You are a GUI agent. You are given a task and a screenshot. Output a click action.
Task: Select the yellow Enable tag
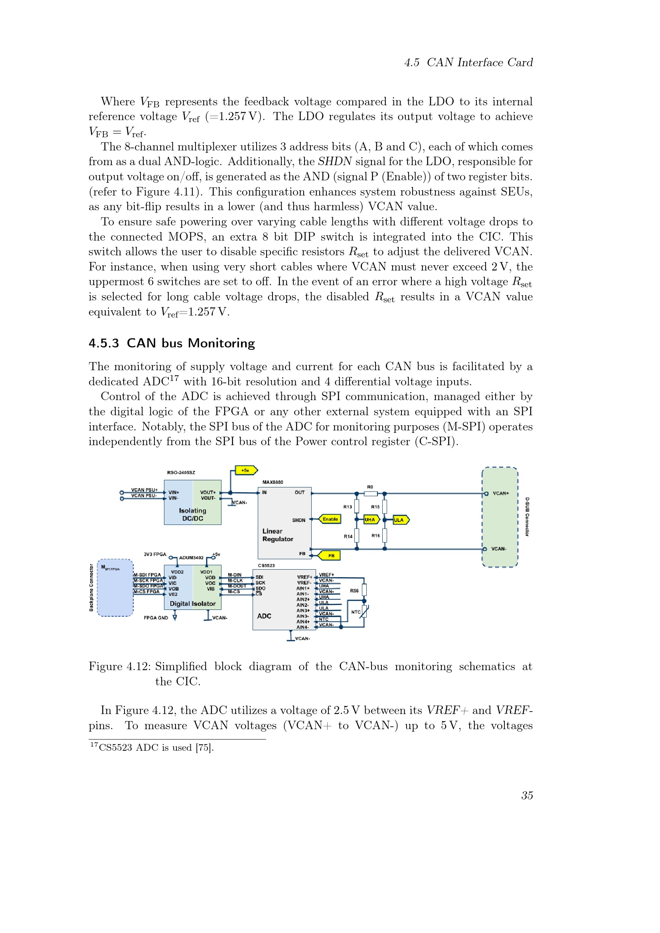pos(330,519)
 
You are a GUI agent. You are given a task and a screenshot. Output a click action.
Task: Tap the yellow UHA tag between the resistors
pos(371,519)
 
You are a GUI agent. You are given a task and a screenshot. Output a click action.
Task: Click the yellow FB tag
pos(330,556)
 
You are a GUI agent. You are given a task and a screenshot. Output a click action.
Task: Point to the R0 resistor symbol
pos(370,494)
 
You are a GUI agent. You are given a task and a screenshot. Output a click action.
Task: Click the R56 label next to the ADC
pos(354,591)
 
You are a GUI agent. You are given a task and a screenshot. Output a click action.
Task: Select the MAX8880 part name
pos(273,482)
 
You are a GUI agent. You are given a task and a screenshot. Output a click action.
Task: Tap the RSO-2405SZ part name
pos(181,473)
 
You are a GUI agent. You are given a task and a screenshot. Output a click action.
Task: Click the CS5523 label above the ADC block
pos(266,566)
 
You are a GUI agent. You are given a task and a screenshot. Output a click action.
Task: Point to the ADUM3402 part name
pos(191,558)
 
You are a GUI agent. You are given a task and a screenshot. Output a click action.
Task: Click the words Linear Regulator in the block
pos(278,535)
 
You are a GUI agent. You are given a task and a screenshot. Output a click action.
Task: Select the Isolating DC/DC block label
pos(193,515)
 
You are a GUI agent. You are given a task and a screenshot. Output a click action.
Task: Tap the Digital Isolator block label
pos(193,604)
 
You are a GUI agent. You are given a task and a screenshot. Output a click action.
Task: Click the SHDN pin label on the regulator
pos(299,520)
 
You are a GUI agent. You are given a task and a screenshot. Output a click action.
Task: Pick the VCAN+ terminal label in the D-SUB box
pos(501,493)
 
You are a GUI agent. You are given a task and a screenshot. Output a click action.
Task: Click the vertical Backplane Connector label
pos(91,588)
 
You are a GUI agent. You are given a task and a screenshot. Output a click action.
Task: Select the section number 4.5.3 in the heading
pos(104,343)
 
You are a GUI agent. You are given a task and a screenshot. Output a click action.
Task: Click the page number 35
pos(527,796)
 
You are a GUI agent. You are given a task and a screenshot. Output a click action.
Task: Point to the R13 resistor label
pos(348,507)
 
